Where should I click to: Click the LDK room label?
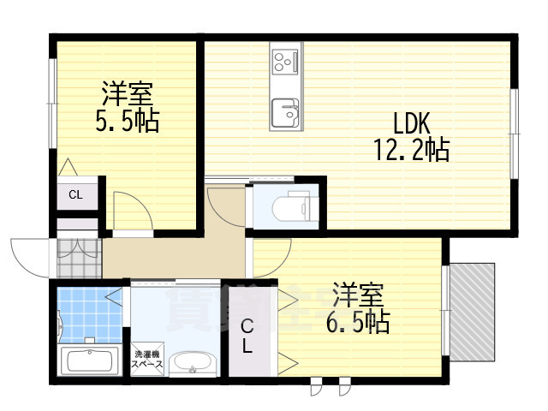coord(412,122)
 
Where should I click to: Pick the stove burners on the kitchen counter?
coord(284,61)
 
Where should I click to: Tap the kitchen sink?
coord(284,111)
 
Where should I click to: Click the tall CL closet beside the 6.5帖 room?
coord(247,336)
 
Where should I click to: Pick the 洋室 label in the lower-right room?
coord(357,294)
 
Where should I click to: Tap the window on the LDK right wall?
coord(515,133)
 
